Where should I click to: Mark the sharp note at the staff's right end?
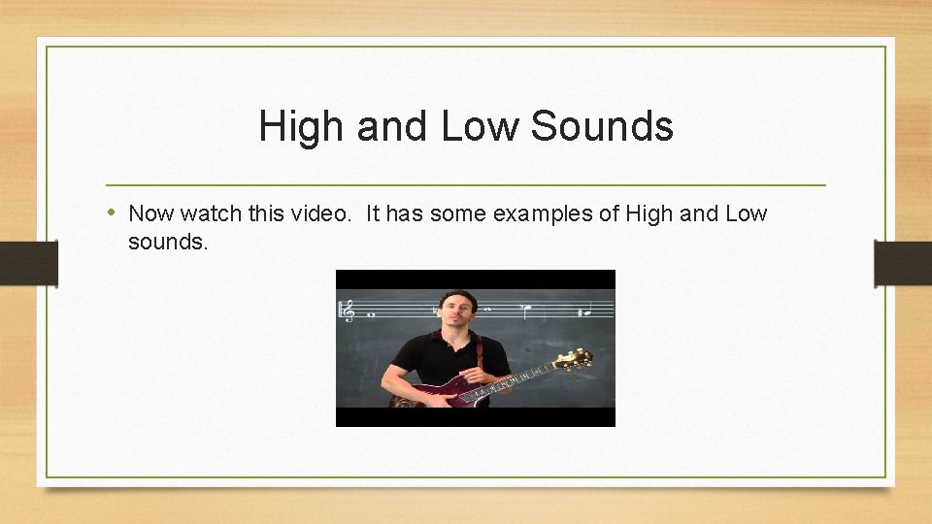582,312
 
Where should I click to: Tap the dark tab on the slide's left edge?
28,262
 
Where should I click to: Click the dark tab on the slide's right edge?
903,262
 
